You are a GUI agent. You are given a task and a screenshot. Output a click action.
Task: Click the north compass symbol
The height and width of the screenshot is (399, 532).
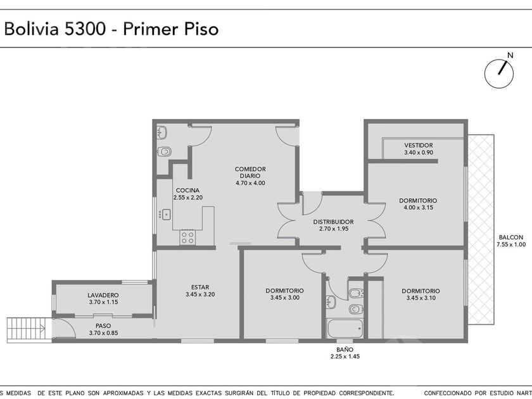point(499,73)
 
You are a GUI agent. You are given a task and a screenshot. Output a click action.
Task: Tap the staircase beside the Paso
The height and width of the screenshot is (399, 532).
point(29,329)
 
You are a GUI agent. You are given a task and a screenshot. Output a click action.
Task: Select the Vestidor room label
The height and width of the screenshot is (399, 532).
point(419,145)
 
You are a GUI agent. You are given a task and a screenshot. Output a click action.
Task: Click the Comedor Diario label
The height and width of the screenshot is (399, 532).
point(250,172)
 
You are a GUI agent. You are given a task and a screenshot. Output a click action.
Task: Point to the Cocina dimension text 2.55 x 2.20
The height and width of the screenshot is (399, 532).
point(188,198)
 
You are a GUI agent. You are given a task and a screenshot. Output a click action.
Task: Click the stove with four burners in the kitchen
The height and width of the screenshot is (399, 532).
point(187,237)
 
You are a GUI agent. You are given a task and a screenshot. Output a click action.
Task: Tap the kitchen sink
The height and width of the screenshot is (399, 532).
point(166,215)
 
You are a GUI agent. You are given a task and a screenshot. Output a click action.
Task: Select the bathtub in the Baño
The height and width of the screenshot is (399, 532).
point(345,328)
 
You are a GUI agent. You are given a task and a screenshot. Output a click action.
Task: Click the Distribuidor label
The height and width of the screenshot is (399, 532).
point(333,222)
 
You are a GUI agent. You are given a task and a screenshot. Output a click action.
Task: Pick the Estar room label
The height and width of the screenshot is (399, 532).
point(200,288)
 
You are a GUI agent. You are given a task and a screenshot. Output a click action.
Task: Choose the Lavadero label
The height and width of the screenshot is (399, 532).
point(103,295)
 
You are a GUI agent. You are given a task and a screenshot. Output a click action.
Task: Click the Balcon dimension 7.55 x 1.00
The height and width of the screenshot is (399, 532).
point(511,244)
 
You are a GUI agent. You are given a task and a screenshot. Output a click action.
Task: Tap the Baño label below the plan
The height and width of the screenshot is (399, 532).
point(345,350)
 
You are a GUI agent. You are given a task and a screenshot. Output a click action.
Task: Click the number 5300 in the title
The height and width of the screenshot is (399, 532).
point(85,29)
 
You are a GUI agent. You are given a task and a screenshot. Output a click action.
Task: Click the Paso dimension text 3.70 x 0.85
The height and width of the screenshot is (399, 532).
point(103,333)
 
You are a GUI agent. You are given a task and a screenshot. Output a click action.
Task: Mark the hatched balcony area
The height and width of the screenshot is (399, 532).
point(481,230)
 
